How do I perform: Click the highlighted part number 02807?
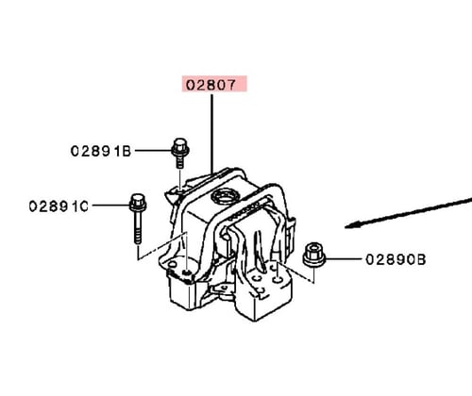(x=211, y=85)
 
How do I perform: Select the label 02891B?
(x=101, y=151)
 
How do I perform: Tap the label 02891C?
(x=59, y=206)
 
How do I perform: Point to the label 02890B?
(x=396, y=259)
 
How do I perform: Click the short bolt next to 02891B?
(x=180, y=153)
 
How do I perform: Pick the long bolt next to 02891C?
(x=138, y=219)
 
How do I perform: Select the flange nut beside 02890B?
(x=313, y=255)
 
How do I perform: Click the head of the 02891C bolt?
(x=138, y=203)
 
